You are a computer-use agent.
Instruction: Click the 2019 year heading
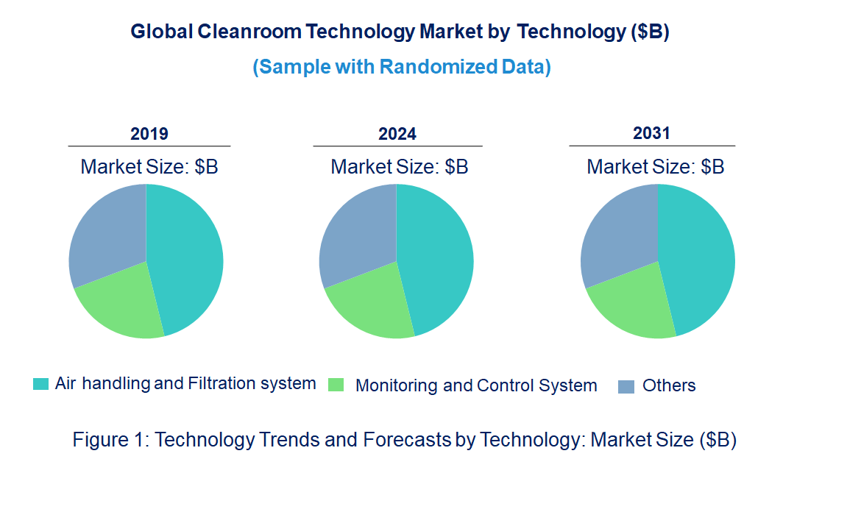click(149, 134)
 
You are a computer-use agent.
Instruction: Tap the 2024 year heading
click(397, 134)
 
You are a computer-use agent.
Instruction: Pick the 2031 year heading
click(651, 133)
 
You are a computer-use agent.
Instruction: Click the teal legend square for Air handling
click(41, 384)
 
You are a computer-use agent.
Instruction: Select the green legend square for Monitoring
click(336, 385)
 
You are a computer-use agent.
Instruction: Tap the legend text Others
click(668, 385)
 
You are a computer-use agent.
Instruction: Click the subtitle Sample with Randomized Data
click(402, 67)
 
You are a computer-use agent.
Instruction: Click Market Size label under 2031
click(655, 167)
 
